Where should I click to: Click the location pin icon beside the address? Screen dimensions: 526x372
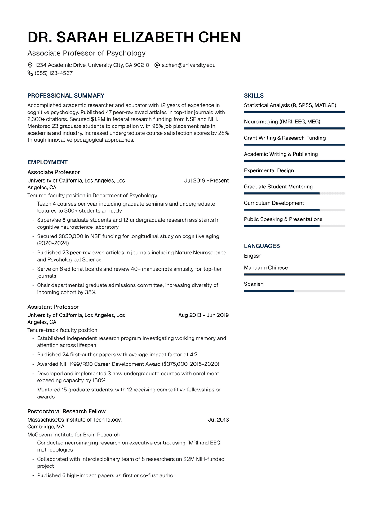[30, 65]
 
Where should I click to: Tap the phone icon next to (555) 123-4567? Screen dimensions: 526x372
[30, 73]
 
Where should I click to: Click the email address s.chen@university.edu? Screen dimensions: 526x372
[188, 65]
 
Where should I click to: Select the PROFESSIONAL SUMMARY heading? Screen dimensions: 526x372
[66, 95]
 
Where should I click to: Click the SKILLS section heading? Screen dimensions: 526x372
[254, 95]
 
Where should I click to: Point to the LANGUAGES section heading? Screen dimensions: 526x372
[262, 246]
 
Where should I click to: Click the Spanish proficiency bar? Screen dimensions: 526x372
[294, 291]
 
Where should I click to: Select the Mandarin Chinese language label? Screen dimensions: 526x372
[266, 267]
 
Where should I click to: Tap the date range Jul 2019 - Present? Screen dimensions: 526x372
[206, 180]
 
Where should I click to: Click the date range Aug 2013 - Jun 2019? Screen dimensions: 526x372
[203, 315]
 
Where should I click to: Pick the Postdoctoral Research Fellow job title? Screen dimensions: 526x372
[66, 411]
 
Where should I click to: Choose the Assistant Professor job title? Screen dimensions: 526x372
[53, 307]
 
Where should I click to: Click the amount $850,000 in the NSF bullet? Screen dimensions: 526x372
[71, 236]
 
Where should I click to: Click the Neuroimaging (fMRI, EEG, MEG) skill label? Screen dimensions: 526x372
[282, 122]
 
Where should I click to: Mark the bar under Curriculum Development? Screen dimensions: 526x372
[294, 210]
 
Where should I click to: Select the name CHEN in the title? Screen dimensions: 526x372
[219, 37]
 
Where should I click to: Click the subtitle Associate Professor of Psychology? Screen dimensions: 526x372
[86, 53]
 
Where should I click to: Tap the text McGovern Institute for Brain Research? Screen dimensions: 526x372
[73, 435]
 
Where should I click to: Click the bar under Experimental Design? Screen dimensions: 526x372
[294, 177]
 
